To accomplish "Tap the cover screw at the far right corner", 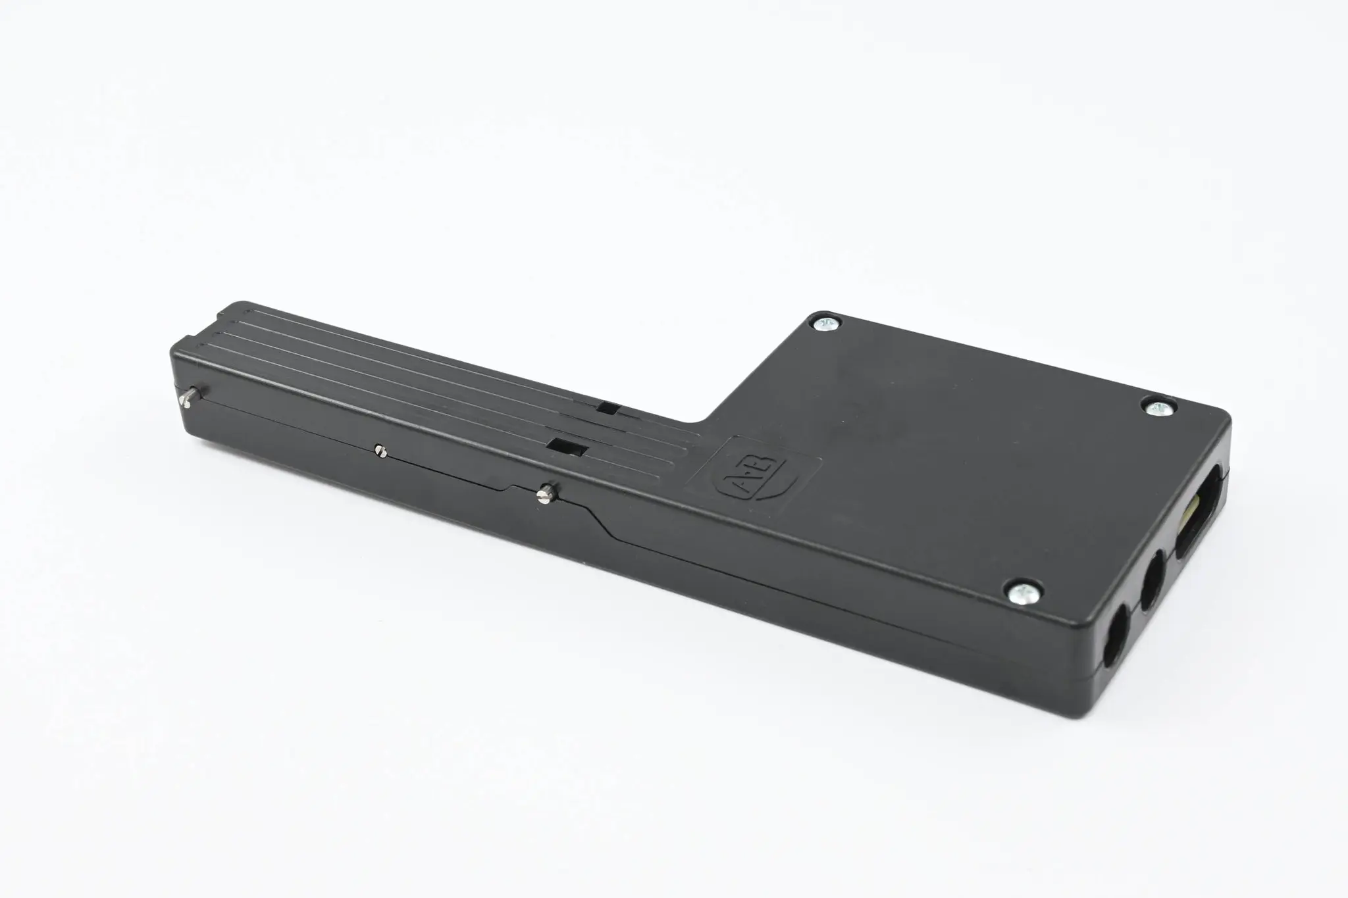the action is [x=1159, y=409].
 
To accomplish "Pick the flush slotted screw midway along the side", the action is [x=379, y=451].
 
